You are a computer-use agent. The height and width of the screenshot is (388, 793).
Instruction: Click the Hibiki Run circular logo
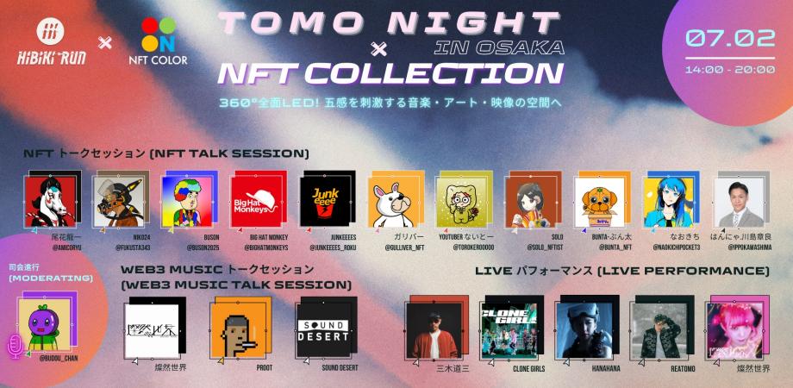click(49, 31)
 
